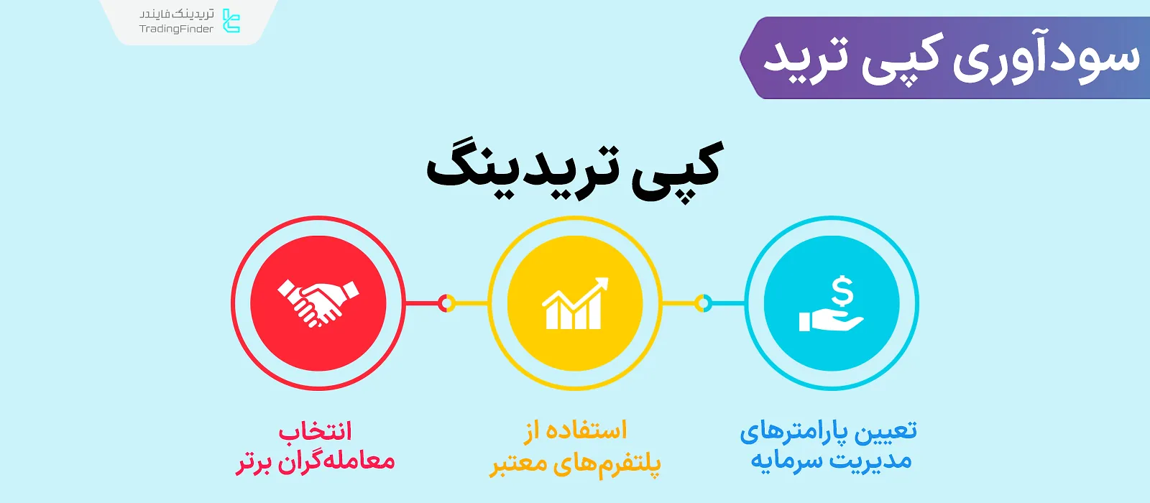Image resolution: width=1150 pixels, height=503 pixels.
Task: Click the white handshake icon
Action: point(318,303)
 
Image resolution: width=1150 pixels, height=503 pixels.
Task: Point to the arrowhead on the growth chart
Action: point(601,283)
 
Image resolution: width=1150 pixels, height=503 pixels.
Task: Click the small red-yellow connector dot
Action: point(446,303)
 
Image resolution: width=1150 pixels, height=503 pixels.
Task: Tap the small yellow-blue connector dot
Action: point(703,303)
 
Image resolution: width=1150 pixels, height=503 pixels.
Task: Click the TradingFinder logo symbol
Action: point(231,21)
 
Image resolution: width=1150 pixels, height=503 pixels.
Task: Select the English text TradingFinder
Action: point(176,29)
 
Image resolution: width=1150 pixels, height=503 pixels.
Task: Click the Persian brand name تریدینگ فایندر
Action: point(177,14)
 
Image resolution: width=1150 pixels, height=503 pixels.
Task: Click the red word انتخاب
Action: point(316,431)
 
